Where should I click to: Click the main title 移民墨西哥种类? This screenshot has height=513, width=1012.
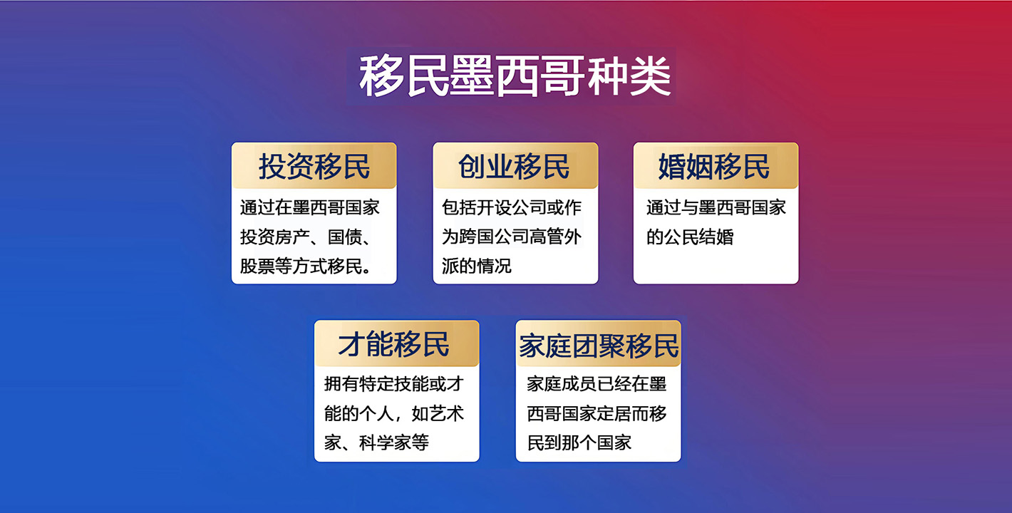[x=515, y=76]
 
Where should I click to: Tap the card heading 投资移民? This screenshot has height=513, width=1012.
[x=314, y=167]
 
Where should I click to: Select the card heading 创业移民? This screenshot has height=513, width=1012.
[x=514, y=167]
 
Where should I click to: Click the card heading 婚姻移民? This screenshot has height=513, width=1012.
[x=714, y=167]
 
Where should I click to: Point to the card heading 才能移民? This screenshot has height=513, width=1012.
[x=393, y=344]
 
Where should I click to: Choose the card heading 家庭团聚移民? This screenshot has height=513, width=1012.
[x=599, y=346]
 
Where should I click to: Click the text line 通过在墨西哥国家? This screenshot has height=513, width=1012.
[x=310, y=208]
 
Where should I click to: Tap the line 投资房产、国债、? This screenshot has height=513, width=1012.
[x=306, y=237]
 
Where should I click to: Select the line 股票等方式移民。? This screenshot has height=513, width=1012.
[x=306, y=266]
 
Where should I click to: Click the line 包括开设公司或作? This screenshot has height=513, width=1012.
[x=512, y=208]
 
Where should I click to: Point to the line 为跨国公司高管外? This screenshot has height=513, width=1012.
[x=512, y=237]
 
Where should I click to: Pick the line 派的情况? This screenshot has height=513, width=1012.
[x=477, y=266]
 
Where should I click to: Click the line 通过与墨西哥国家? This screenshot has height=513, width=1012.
[x=716, y=208]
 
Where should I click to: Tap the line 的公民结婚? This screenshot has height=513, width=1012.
[x=690, y=237]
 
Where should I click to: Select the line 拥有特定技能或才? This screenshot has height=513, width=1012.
[x=394, y=384]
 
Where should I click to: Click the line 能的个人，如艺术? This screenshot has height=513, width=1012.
[x=394, y=414]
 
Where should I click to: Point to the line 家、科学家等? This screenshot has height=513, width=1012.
[x=376, y=443]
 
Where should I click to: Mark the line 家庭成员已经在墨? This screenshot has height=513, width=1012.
[x=597, y=384]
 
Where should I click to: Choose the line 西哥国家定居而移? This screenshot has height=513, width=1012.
[x=597, y=414]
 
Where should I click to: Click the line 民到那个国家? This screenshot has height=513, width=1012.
[x=579, y=443]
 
